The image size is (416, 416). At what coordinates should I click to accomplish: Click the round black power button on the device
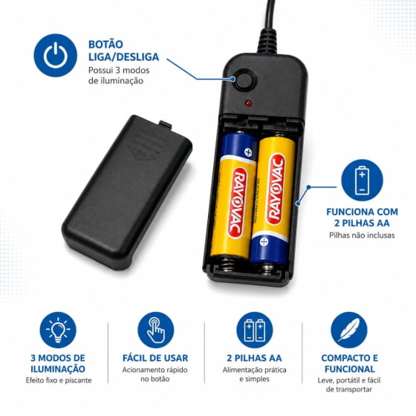coord(247,80)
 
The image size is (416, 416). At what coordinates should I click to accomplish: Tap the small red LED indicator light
coord(249,103)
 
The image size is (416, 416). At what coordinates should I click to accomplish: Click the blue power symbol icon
coord(56,55)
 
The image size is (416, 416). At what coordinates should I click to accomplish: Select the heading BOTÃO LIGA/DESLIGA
coord(123,51)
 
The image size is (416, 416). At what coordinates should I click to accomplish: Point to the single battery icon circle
coord(363,180)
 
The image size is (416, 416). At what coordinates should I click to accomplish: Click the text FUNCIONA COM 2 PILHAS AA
coord(363,217)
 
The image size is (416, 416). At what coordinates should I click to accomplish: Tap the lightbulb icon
coord(58,330)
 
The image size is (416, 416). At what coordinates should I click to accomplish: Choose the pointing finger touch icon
coord(156,330)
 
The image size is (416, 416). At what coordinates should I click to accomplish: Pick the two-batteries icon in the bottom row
coord(255,330)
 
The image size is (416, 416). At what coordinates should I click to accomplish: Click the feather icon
coord(349,330)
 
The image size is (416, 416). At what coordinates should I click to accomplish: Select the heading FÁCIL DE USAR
coord(155,358)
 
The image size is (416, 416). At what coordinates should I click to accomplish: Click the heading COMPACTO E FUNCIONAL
coord(349,363)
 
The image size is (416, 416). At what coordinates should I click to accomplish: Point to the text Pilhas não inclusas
coord(362,235)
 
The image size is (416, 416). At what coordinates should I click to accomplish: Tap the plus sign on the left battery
coord(248,152)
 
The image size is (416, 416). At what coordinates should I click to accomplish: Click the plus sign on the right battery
coord(264,241)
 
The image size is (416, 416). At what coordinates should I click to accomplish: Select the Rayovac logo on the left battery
coord(237,203)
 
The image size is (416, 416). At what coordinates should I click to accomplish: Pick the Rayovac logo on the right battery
coord(276,189)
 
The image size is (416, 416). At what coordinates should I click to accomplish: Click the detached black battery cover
coord(127,192)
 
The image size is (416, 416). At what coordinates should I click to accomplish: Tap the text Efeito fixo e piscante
coord(59,380)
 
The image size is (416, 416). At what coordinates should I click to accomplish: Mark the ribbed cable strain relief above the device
coord(268,41)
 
